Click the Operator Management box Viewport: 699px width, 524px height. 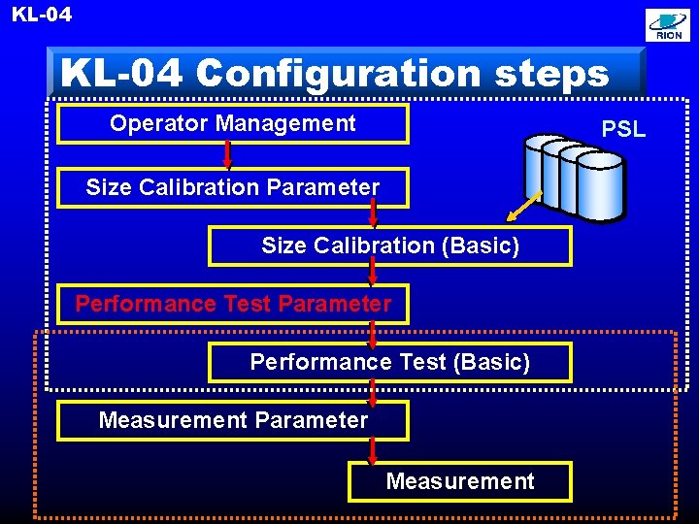coord(233,123)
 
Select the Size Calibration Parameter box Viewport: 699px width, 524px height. coord(233,187)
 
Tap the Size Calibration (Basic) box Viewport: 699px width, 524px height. coord(390,246)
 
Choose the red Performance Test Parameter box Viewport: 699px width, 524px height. coord(233,304)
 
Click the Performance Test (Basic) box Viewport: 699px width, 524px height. coord(390,362)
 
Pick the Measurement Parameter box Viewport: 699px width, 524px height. coord(233,420)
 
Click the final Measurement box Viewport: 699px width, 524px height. coord(460,481)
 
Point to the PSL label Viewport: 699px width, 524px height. coord(623,129)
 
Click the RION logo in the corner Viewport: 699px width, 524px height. coord(669,26)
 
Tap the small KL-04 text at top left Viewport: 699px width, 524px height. coord(42,15)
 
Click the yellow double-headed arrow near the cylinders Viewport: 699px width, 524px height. coord(523,207)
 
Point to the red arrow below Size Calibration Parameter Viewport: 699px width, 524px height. coord(372,215)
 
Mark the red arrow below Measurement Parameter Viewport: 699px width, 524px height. coord(372,449)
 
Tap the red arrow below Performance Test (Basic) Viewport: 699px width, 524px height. coord(372,391)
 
